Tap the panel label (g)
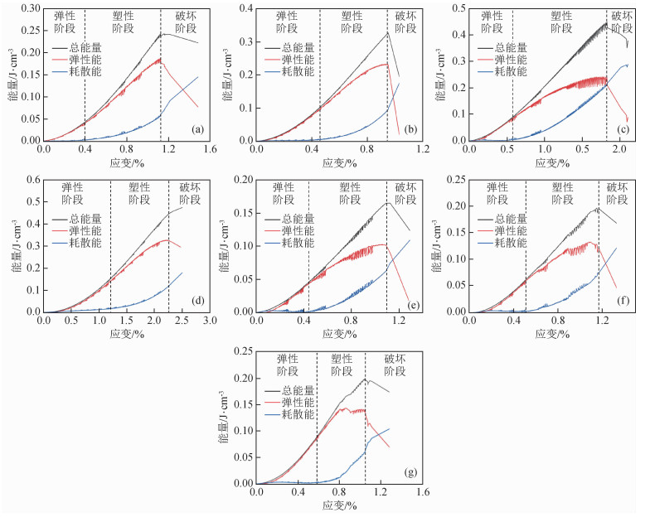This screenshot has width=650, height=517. click(x=410, y=473)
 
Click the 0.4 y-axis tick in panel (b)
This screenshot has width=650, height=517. click(x=245, y=8)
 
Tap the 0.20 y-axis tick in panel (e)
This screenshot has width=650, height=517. click(x=241, y=180)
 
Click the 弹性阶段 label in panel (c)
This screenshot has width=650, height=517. click(x=492, y=22)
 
